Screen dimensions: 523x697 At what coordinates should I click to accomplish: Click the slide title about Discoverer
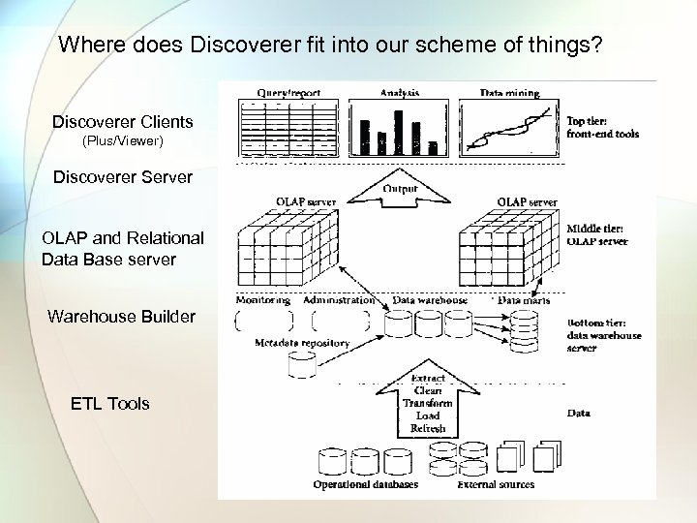click(x=330, y=45)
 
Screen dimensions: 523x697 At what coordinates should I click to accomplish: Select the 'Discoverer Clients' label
click(x=123, y=122)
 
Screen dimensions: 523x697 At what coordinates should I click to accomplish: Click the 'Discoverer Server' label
click(x=122, y=178)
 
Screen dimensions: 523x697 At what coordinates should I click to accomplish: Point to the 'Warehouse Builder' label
click(x=121, y=317)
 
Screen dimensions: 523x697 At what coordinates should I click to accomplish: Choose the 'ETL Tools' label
click(x=110, y=403)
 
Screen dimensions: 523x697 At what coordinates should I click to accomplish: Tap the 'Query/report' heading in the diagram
click(x=287, y=93)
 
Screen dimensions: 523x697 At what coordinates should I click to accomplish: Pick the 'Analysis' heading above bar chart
click(x=399, y=93)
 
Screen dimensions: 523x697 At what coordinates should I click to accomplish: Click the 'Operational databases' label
click(x=365, y=484)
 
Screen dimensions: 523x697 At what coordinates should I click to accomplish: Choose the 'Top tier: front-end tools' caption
click(x=601, y=128)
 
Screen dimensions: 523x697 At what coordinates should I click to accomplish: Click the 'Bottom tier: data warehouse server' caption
click(x=603, y=335)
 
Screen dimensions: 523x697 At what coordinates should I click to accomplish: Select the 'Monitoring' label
click(x=262, y=300)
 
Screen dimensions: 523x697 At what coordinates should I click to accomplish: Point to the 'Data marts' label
click(x=526, y=301)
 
